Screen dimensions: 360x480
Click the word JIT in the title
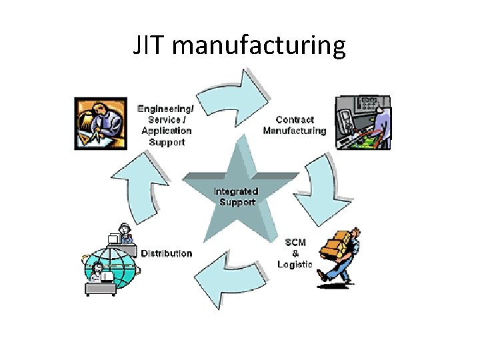[152, 46]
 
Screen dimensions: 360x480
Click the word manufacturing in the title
[263, 46]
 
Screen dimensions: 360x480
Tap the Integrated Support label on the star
[236, 197]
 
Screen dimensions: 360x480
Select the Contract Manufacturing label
[295, 125]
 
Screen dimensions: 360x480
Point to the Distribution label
[167, 254]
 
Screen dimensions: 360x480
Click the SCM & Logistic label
[295, 253]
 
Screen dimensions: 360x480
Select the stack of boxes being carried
[337, 244]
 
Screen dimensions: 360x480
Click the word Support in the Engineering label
[167, 141]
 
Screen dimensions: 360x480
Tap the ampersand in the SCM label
[295, 253]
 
